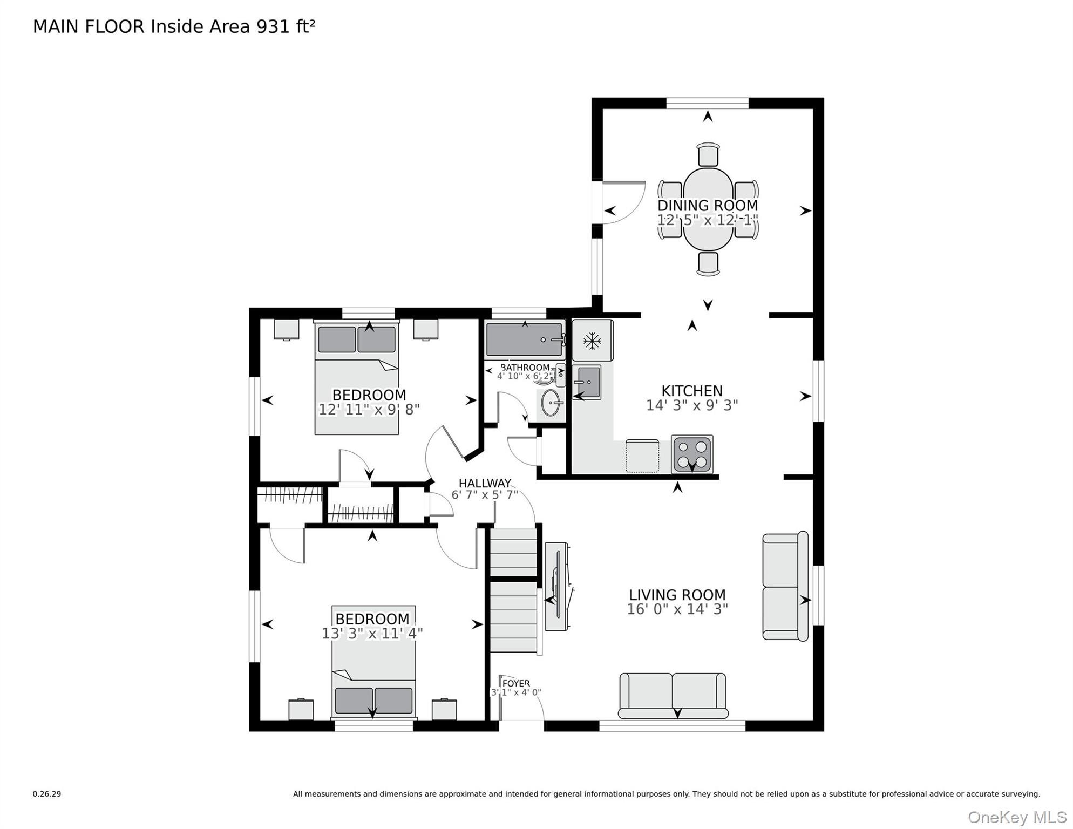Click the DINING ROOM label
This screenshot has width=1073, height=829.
point(708,206)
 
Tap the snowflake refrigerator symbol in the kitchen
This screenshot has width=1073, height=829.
point(592,341)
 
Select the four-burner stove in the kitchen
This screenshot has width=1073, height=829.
point(692,454)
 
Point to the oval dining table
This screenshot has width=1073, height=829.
point(708,209)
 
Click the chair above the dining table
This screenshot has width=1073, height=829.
point(708,155)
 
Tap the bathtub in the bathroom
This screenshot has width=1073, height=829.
point(525,340)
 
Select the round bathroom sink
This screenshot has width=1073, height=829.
point(551,403)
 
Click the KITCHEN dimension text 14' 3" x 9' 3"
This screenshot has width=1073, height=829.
point(692,405)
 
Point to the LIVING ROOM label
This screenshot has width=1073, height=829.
point(677,595)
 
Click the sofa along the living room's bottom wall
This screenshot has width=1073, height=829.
point(673,696)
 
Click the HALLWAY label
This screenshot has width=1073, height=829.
point(485,484)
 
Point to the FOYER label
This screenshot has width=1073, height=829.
point(516,684)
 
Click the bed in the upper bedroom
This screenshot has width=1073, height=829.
point(357,377)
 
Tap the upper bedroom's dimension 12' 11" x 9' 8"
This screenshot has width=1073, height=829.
point(369,410)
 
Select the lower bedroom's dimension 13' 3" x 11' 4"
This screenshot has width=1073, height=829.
point(372,634)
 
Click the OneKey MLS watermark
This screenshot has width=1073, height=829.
point(1017,818)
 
